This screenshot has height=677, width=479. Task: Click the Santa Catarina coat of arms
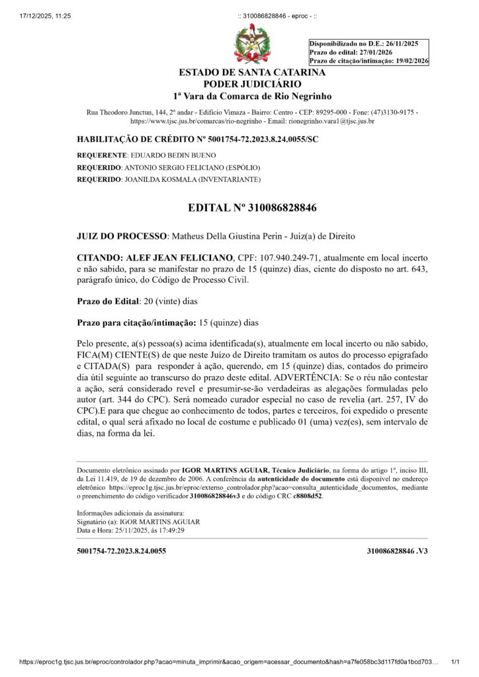(252, 44)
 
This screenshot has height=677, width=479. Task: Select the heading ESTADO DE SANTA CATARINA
(252, 73)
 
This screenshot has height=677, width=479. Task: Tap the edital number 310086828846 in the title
(283, 208)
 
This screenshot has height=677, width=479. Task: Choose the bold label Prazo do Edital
(108, 301)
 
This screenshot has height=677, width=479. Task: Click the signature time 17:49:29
(168, 530)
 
